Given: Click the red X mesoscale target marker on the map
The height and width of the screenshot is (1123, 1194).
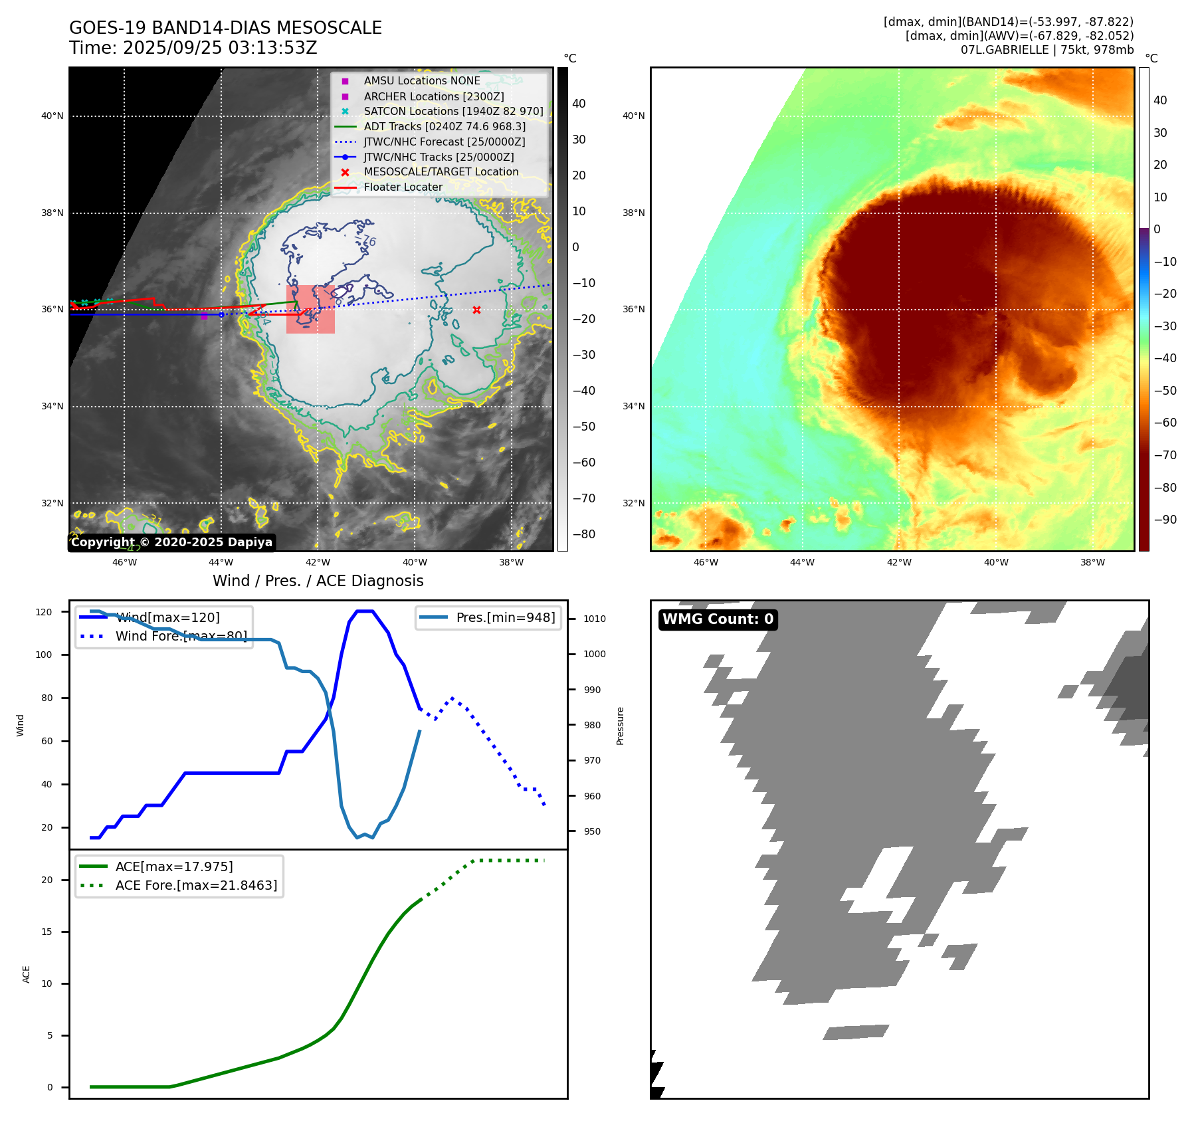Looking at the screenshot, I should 476,310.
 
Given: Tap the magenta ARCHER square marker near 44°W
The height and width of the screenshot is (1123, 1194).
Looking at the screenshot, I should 204,316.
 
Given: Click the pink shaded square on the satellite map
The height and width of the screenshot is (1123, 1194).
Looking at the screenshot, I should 310,310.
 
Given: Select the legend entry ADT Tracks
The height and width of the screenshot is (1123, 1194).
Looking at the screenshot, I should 444,126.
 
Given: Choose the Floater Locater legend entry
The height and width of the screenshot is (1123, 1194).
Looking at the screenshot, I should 403,187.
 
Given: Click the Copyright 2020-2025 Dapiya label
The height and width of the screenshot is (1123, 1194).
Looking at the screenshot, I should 171,542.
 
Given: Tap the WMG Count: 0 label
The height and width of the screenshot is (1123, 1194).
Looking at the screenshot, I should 718,619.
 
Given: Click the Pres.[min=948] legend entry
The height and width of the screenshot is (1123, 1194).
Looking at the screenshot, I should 505,617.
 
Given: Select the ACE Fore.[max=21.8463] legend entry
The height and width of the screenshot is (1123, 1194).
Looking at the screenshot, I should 196,885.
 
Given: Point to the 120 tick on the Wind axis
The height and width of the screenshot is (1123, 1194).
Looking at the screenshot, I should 44,612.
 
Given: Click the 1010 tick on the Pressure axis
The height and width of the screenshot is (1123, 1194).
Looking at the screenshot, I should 595,619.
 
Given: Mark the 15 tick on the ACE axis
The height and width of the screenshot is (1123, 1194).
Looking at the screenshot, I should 47,932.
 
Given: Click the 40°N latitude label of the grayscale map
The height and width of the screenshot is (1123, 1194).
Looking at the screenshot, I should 52,116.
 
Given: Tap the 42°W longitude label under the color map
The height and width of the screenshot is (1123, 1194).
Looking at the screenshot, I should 899,562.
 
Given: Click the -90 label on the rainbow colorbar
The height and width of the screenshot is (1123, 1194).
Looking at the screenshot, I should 1165,520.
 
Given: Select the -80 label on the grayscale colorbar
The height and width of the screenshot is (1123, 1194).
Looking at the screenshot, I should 584,534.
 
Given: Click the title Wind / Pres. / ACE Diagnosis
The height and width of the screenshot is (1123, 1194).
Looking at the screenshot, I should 318,581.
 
